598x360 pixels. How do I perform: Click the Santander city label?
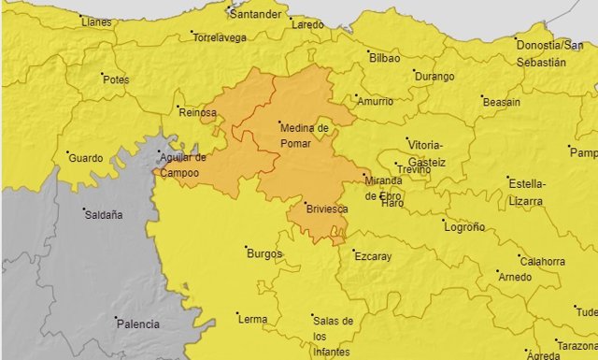[x=256, y=16]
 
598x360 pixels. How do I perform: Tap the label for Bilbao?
[x=385, y=58]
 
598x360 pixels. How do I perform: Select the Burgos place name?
[x=263, y=253]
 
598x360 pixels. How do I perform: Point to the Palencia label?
[x=136, y=324]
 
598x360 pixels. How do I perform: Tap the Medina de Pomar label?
[x=304, y=136]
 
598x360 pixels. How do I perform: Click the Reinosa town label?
[x=197, y=113]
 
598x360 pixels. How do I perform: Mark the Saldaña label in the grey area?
[x=104, y=214]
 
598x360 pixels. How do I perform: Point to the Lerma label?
[x=252, y=319]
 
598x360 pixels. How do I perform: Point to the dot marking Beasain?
[x=482, y=96]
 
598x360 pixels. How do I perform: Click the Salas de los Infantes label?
[x=334, y=335]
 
